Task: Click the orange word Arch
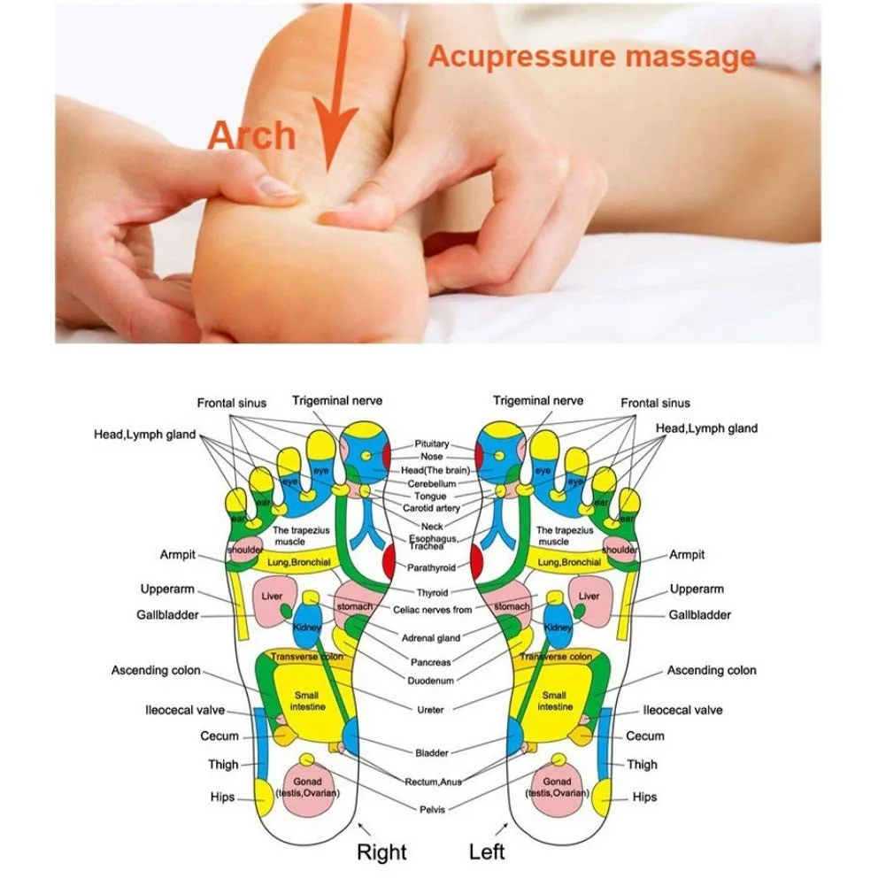[x=251, y=136]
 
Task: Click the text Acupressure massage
[x=591, y=57]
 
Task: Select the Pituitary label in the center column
[x=432, y=444]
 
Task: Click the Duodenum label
[x=431, y=681]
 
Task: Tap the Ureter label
[x=431, y=710]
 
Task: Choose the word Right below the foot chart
[x=381, y=852]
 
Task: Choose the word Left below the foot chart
[x=486, y=852]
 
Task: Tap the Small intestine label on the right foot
[x=306, y=701]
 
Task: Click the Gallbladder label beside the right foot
[x=167, y=615]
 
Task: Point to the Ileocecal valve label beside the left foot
[x=682, y=710]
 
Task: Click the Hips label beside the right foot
[x=223, y=797]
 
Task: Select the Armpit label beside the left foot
[x=687, y=555]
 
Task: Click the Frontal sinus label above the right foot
[x=231, y=404]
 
